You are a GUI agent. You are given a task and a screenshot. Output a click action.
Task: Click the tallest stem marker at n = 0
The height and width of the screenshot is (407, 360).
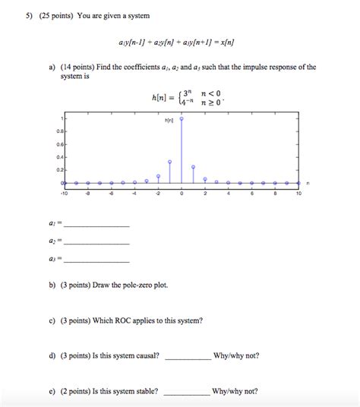[182, 119]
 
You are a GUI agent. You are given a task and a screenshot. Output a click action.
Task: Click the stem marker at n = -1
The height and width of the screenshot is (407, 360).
[169, 162]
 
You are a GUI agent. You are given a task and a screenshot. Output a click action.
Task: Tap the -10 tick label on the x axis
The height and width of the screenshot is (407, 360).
[65, 194]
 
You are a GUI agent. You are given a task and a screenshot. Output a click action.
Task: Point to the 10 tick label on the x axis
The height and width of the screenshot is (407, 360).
[298, 194]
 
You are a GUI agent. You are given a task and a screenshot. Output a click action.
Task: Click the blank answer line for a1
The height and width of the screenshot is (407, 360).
[97, 226]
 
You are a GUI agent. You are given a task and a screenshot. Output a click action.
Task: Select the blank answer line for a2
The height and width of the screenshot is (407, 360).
[97, 243]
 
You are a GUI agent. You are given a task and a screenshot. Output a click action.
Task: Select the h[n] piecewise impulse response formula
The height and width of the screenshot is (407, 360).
[187, 96]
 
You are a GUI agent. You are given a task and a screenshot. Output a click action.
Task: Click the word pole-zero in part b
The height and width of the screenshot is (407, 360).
[134, 286]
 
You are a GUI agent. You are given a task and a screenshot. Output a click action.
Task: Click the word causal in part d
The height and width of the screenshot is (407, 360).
[144, 355]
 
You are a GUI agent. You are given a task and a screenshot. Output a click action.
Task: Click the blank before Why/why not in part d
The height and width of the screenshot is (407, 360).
[187, 358]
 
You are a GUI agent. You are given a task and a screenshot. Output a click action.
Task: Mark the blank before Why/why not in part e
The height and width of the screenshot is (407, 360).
[187, 393]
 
